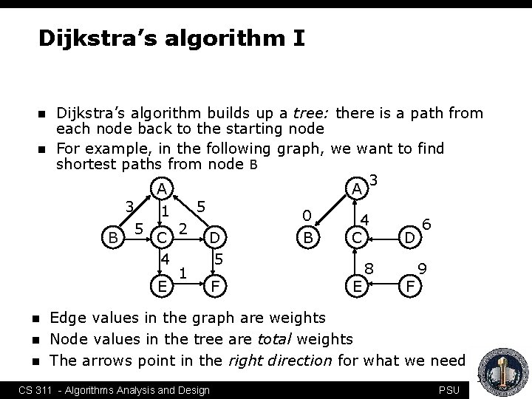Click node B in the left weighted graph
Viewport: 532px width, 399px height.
pos(113,237)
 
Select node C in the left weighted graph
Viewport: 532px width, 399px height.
pos(163,238)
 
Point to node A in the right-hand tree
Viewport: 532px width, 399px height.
pos(357,189)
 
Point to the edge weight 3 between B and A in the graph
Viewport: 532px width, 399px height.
pos(129,206)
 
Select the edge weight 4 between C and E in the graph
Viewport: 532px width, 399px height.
pos(166,260)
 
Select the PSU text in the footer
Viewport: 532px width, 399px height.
pos(449,390)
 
